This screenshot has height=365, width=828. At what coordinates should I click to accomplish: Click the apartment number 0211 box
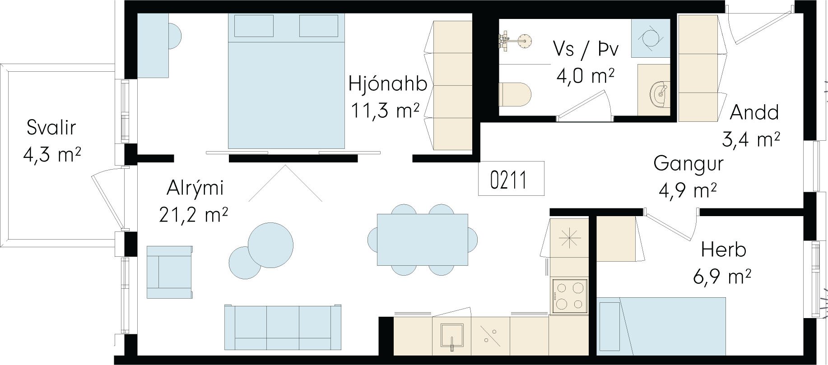[512, 179]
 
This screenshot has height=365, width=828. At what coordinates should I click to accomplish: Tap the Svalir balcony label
[51, 128]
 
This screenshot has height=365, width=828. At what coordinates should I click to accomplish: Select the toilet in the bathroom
[515, 94]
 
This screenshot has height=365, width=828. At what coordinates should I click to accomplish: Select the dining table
[423, 240]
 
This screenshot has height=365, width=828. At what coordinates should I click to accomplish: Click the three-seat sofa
[283, 327]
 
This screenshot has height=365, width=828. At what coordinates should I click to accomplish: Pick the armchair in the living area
[170, 272]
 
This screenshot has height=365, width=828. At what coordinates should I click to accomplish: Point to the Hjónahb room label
[388, 84]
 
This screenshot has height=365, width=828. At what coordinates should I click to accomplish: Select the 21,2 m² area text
[193, 214]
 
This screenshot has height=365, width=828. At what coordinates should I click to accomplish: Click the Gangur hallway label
[688, 163]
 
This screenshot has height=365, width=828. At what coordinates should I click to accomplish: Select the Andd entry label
[754, 112]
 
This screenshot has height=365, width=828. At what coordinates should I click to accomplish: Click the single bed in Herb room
[662, 325]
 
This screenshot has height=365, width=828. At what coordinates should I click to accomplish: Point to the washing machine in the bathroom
[650, 38]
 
